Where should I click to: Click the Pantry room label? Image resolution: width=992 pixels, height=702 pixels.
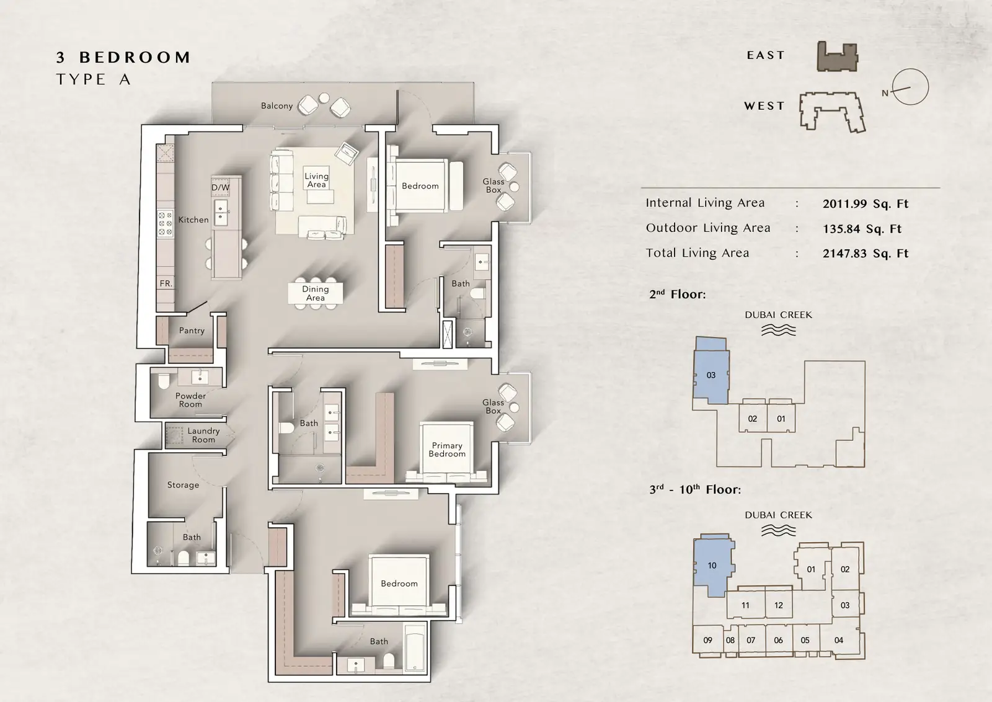192,331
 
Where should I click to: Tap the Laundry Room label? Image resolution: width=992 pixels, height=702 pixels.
203,435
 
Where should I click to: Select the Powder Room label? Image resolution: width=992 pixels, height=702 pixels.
190,400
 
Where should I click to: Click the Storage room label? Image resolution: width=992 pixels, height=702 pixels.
183,485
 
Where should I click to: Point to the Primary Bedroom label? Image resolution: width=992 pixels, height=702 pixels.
447,450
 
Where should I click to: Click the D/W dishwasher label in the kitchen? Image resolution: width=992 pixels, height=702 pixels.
220,187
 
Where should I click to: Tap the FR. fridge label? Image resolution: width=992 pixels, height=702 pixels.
166,283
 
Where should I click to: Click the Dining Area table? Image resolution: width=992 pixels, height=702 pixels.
316,293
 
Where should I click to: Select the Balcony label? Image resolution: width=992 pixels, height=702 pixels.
277,106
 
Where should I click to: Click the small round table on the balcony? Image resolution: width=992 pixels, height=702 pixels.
324,98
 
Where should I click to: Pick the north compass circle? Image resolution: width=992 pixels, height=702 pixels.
910,87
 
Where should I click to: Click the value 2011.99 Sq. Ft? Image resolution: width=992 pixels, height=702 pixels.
866,204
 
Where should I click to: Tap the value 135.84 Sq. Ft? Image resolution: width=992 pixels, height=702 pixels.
862,229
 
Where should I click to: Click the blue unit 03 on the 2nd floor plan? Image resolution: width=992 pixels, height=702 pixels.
711,371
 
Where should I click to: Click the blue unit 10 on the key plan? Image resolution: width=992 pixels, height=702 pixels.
712,566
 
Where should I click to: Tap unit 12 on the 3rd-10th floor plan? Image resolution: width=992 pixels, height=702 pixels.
778,605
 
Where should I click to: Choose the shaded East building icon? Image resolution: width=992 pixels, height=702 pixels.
837,56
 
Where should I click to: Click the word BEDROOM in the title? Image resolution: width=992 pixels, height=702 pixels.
135,58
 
